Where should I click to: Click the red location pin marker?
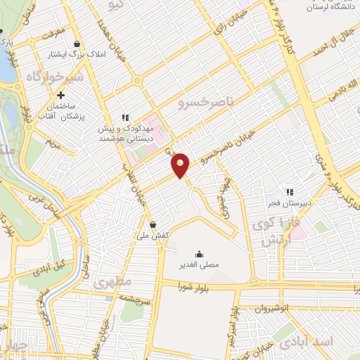coord(181,165)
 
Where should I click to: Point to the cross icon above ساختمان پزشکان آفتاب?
coord(61,96)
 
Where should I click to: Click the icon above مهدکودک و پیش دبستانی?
coord(126,117)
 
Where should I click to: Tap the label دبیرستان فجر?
coord(288,204)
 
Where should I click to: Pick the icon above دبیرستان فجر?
coord(288,192)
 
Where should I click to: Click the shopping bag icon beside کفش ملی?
coord(152,225)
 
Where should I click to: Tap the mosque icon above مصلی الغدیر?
coord(199,254)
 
